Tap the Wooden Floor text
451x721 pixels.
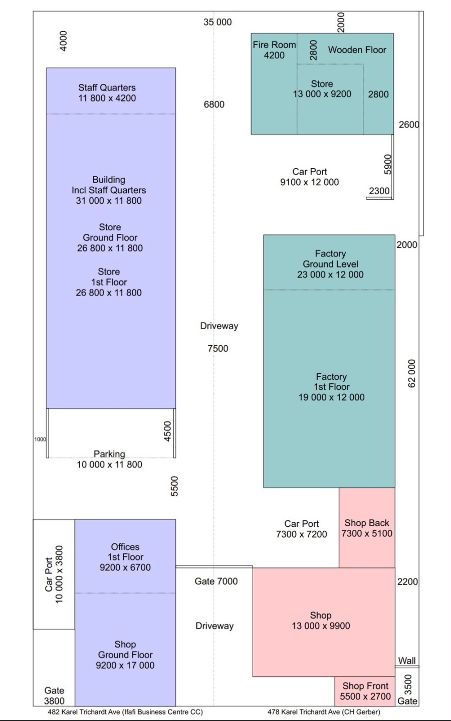(x=357, y=50)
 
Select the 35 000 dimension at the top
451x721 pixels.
(x=217, y=22)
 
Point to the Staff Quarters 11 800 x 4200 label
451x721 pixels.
(x=107, y=93)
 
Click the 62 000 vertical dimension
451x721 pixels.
(x=411, y=373)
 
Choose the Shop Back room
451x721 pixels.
(x=367, y=528)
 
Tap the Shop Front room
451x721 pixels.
(x=365, y=691)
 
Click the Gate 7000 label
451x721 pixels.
(x=216, y=581)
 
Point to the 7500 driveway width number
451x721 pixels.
(x=217, y=348)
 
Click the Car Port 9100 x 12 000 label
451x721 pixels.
(x=309, y=177)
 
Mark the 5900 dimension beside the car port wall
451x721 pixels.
(x=388, y=165)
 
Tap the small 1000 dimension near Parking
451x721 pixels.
(x=40, y=440)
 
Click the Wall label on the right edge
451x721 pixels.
(x=406, y=660)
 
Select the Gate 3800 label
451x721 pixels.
(x=54, y=695)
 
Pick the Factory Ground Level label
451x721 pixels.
(x=330, y=264)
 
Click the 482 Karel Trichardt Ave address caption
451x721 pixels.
(x=125, y=711)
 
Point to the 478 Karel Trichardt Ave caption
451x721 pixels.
(x=324, y=711)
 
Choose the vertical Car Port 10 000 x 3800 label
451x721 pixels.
(x=54, y=574)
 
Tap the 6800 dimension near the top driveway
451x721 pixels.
(x=214, y=104)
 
